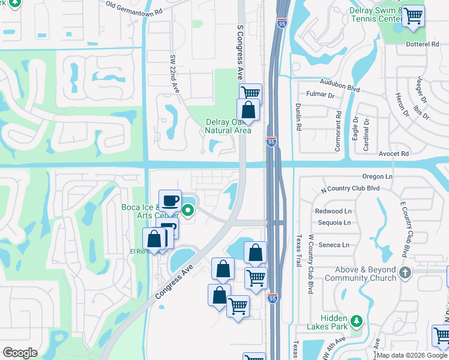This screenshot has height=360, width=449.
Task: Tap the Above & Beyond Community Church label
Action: [360, 274]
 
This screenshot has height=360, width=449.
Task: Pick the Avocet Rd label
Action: [393, 154]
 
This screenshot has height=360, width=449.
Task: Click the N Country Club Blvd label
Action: [351, 188]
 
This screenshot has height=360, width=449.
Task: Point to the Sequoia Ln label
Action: [336, 223]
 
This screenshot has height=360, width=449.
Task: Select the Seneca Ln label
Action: [337, 245]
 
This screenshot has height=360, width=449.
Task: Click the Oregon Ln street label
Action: [378, 176]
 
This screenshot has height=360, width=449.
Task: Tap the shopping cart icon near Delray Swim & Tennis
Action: [413, 16]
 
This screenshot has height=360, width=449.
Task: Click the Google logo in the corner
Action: [20, 353]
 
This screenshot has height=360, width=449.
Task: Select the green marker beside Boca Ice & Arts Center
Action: [188, 210]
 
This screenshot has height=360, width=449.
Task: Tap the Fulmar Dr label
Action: [320, 95]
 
